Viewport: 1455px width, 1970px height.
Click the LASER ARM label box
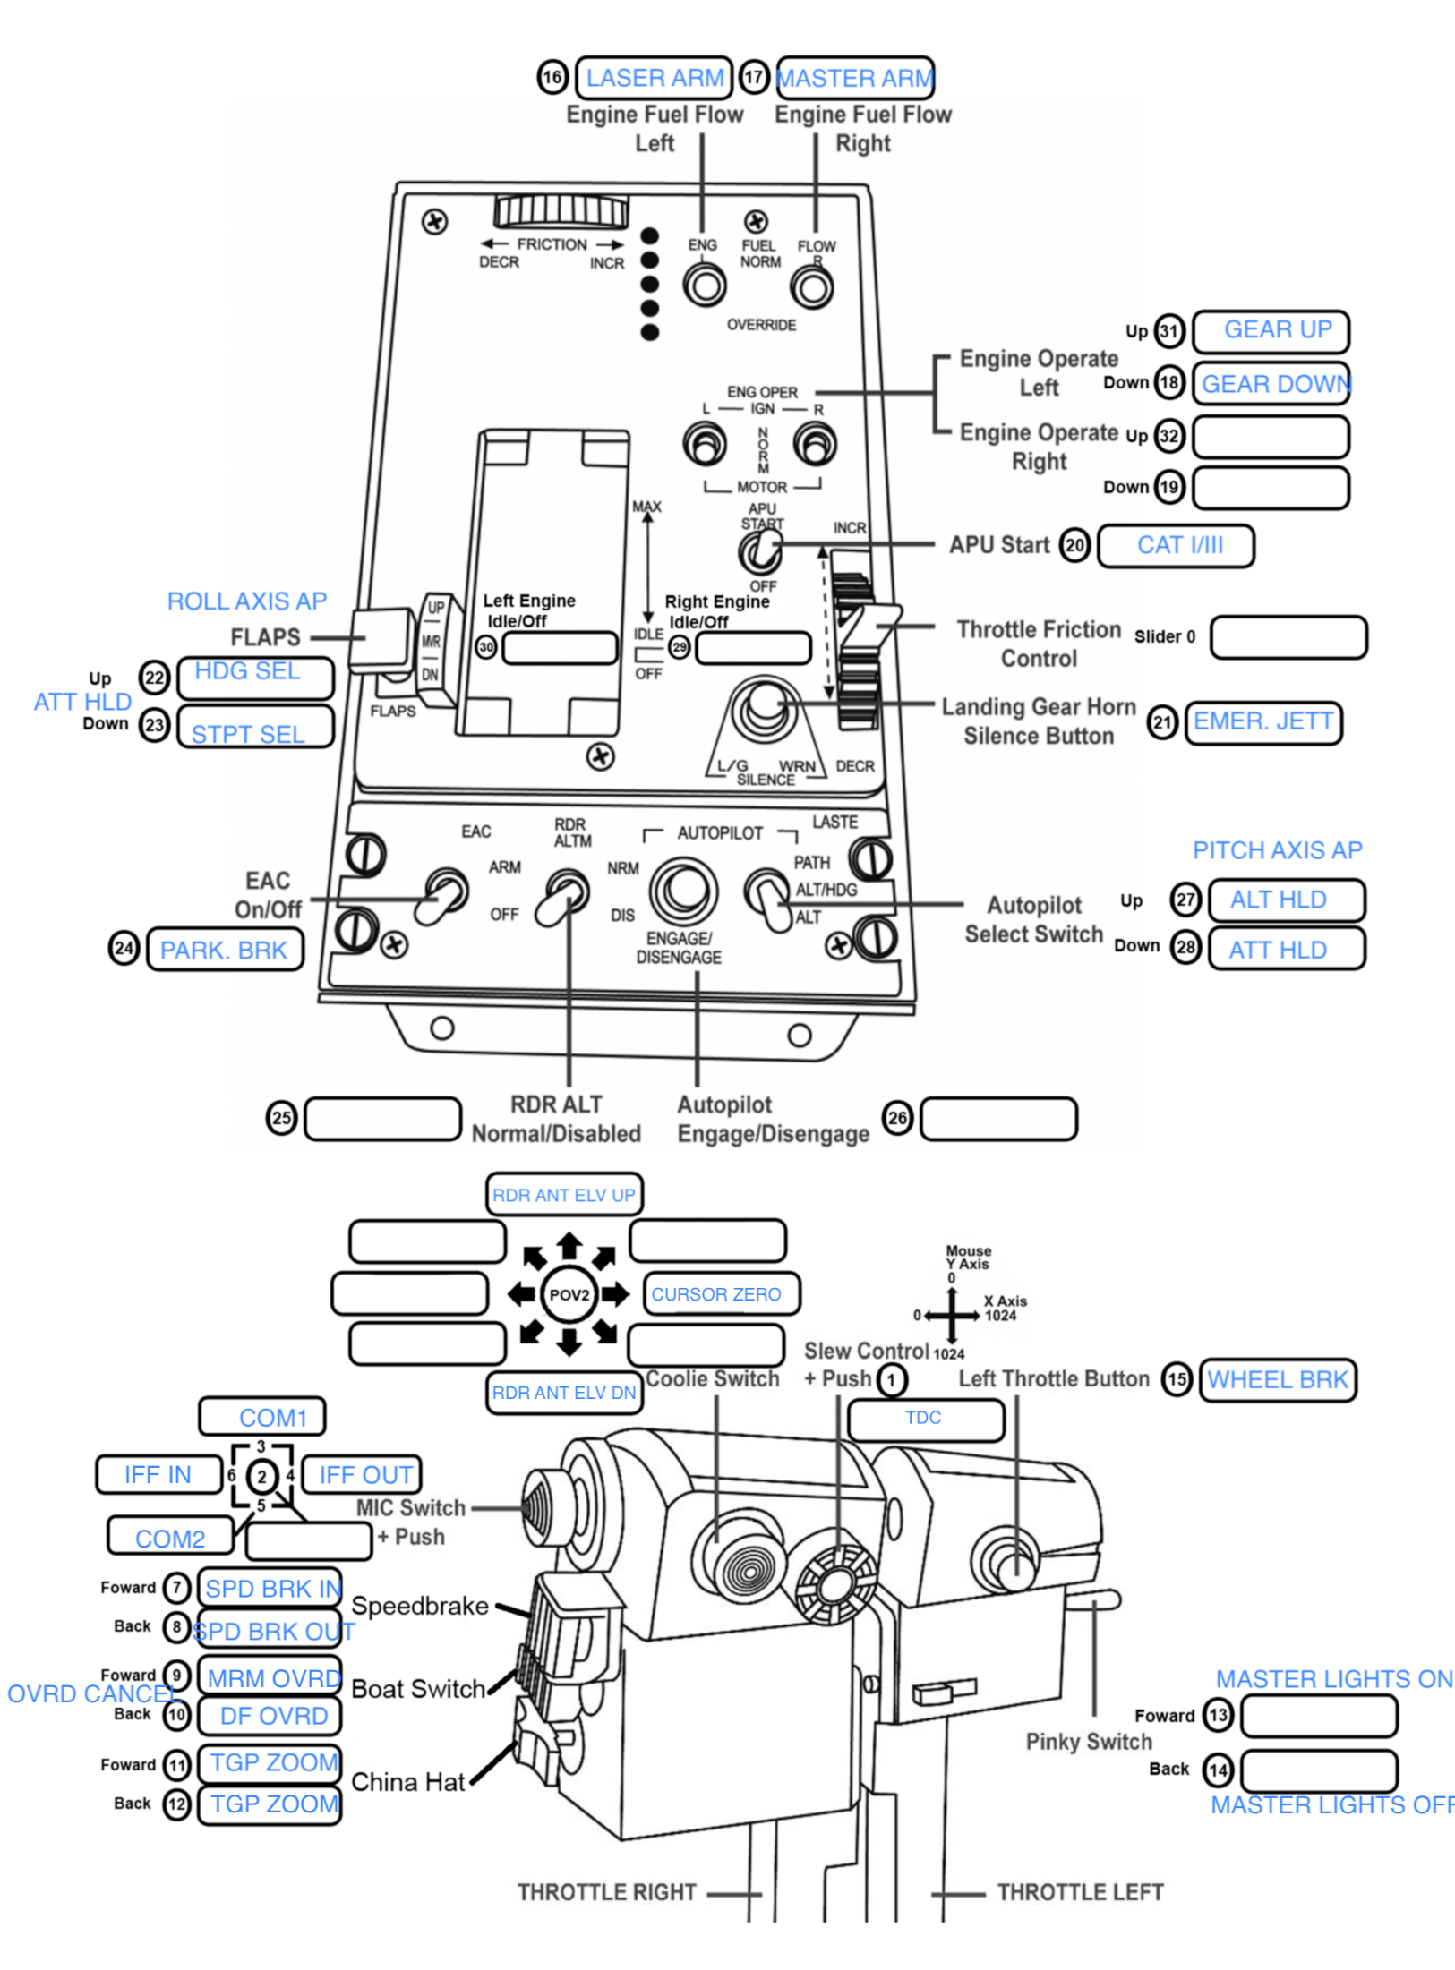click(x=654, y=78)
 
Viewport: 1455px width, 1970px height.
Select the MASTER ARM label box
click(x=855, y=78)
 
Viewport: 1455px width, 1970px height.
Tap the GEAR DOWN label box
click(x=1272, y=384)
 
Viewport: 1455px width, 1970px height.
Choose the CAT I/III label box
click(x=1176, y=546)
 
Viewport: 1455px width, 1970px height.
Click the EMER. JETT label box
click(x=1263, y=722)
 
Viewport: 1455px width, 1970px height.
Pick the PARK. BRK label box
click(x=225, y=950)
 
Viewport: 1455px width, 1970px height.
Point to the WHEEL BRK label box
click(x=1277, y=1379)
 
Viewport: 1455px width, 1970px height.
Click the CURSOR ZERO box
click(x=721, y=1294)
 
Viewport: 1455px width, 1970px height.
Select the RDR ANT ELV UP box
click(x=564, y=1195)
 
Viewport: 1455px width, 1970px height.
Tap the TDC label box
click(x=926, y=1419)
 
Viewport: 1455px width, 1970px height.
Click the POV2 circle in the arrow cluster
click(x=569, y=1294)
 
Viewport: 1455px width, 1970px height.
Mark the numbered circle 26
click(x=897, y=1117)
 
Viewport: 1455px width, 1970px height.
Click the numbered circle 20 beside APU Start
click(x=1074, y=545)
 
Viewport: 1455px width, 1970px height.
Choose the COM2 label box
click(x=170, y=1538)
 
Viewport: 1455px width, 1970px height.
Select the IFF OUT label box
click(x=363, y=1474)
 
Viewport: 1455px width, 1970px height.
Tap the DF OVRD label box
click(x=270, y=1716)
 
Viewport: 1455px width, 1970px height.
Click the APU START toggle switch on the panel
click(x=761, y=550)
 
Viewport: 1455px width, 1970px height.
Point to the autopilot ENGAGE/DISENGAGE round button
click(x=683, y=891)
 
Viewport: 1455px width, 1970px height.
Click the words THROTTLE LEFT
click(x=1080, y=1892)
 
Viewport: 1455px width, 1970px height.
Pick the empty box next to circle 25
click(x=383, y=1119)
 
